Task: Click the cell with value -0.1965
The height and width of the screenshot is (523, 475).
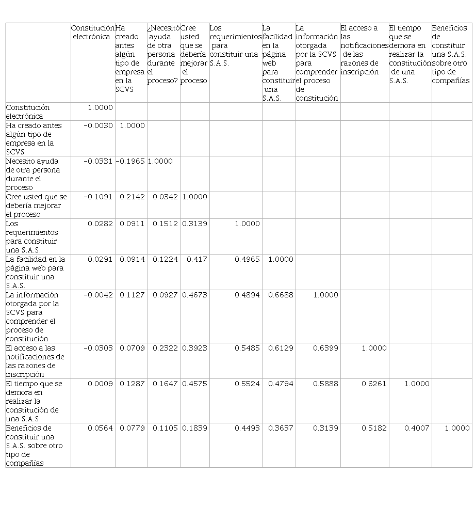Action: [x=130, y=161]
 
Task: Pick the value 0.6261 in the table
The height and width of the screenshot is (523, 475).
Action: [x=373, y=384]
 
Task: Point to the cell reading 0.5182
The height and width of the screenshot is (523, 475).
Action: [x=373, y=428]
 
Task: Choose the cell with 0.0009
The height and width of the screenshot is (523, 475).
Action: [x=100, y=384]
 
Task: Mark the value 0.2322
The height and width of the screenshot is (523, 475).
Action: [x=164, y=348]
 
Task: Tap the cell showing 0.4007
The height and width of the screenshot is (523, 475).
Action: [x=417, y=428]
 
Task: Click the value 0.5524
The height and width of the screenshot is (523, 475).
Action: [x=247, y=384]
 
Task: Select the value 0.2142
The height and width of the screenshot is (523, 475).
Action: [x=132, y=197]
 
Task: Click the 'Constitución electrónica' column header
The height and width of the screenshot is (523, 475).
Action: [x=93, y=33]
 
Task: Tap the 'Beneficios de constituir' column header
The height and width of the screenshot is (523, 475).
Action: [x=451, y=54]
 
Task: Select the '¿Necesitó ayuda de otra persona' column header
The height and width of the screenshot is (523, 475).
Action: [x=163, y=54]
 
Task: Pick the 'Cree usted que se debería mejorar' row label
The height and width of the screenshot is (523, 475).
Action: [x=36, y=205]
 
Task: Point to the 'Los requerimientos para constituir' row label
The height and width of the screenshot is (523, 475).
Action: [x=32, y=236]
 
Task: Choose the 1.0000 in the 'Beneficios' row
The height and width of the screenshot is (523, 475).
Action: [x=457, y=428]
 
